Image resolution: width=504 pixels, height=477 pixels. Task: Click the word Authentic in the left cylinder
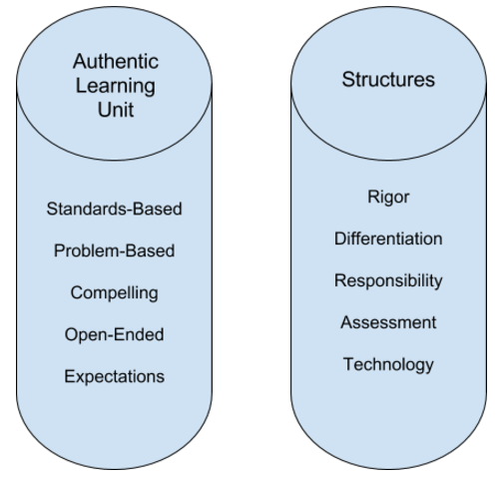tap(117, 62)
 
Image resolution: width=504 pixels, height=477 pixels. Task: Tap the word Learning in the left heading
tap(117, 85)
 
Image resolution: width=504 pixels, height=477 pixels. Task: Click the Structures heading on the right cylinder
tap(388, 79)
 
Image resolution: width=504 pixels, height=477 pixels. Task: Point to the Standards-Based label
tap(114, 210)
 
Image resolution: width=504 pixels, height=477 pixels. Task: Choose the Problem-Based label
tap(114, 251)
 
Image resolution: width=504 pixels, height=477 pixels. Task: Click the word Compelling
tap(114, 293)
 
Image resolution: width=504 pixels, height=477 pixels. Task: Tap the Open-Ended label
tap(114, 334)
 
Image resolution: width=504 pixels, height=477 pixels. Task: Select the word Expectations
tap(114, 376)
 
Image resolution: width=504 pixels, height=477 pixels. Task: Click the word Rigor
tap(388, 197)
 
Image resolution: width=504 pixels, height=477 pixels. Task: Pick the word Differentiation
tap(388, 238)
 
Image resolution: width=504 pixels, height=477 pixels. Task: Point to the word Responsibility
tap(388, 280)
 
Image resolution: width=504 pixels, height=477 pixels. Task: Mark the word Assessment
tap(388, 322)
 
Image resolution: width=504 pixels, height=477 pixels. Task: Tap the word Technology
tap(388, 364)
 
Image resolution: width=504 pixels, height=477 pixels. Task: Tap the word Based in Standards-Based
tap(157, 210)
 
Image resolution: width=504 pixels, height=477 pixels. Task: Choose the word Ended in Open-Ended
tap(142, 334)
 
